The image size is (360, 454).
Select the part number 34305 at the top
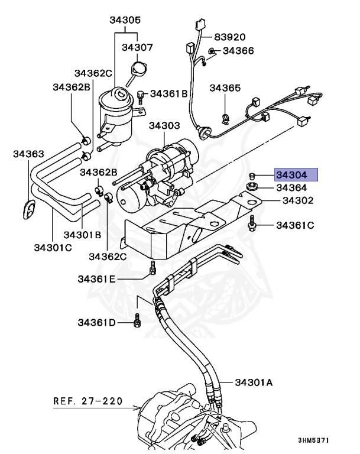pyautogui.click(x=125, y=20)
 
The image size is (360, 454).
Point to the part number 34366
pyautogui.click(x=238, y=51)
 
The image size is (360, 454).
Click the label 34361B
pyautogui.click(x=168, y=93)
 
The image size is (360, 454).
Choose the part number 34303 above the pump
pyautogui.click(x=164, y=126)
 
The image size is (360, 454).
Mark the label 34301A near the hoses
pyautogui.click(x=254, y=382)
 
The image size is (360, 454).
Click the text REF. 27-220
pyautogui.click(x=88, y=401)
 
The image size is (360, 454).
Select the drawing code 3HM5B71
pyautogui.click(x=313, y=441)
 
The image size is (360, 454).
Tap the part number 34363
pyautogui.click(x=28, y=154)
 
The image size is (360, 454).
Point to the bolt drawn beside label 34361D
pyautogui.click(x=137, y=322)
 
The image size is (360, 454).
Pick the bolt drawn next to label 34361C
pyautogui.click(x=253, y=224)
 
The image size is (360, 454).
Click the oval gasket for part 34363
pyautogui.click(x=28, y=209)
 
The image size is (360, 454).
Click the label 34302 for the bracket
pyautogui.click(x=297, y=201)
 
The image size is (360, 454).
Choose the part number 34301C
pyautogui.click(x=51, y=247)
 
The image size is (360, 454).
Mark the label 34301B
pyautogui.click(x=83, y=234)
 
